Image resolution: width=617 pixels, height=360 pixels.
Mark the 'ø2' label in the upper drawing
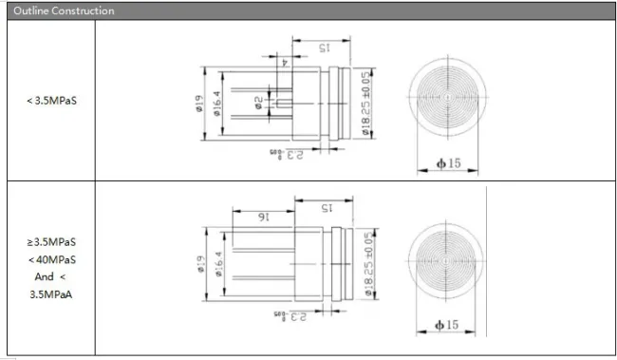(x=257, y=100)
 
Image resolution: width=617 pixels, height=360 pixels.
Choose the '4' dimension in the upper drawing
(x=284, y=63)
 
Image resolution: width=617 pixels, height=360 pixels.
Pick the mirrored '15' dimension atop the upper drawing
(x=323, y=47)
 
